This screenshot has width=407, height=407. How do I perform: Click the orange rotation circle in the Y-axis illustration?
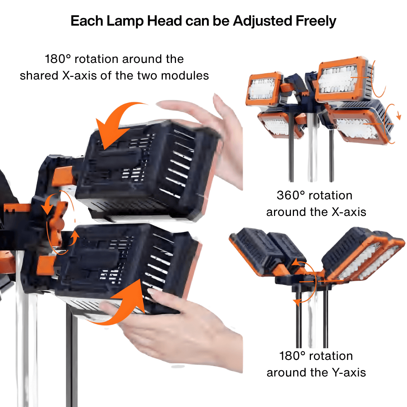[305, 281]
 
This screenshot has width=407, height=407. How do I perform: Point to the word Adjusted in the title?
[258, 21]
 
